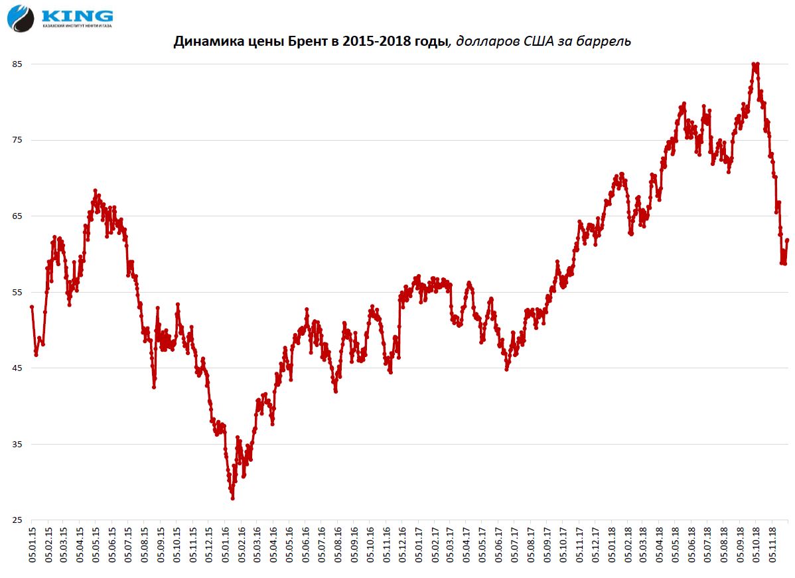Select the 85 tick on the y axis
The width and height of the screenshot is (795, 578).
click(x=17, y=64)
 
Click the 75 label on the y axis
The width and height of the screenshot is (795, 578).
click(x=17, y=140)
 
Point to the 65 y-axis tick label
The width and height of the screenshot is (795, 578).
click(x=17, y=216)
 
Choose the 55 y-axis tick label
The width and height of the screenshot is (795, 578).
click(x=17, y=292)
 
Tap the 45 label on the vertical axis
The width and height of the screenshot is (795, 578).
click(x=17, y=368)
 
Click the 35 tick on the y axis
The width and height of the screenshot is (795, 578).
click(x=17, y=444)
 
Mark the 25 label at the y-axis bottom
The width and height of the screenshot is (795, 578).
click(x=17, y=520)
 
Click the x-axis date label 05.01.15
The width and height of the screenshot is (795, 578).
click(x=32, y=545)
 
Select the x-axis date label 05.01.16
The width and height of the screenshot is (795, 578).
click(x=226, y=545)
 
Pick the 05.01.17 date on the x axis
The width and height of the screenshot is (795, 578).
click(x=419, y=545)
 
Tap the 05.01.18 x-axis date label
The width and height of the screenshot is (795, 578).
click(x=613, y=545)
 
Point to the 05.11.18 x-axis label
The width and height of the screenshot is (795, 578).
click(x=774, y=545)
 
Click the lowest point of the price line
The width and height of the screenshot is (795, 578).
click(x=232, y=498)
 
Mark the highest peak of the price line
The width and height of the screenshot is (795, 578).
click(x=755, y=64)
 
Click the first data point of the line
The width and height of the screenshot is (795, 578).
click(x=32, y=307)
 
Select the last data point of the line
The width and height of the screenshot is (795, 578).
click(x=788, y=240)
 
